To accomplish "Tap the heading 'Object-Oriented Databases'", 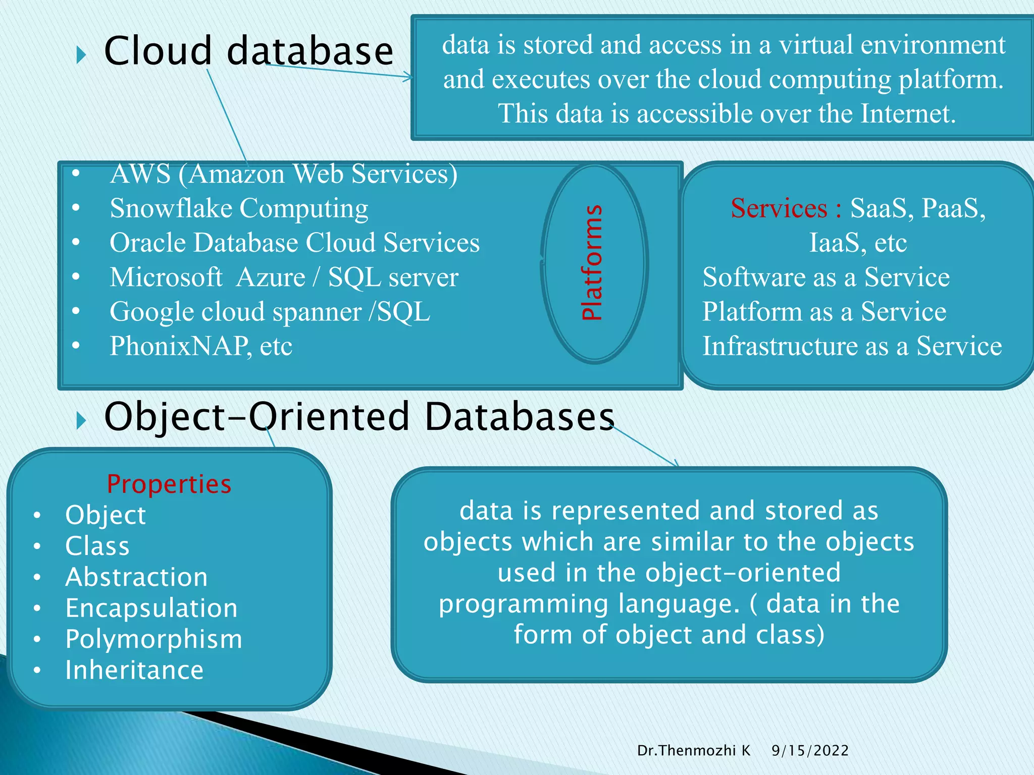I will point(359,417).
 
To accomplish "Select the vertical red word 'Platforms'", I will point(592,262).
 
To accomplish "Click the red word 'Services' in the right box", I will point(779,208).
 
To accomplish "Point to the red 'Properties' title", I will point(169,484).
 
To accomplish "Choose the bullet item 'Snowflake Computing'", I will point(239,208).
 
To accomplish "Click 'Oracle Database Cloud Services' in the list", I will point(294,243).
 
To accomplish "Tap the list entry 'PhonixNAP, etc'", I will point(201,346).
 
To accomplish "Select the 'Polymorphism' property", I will point(153,639).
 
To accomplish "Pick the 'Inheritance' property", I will point(134,671).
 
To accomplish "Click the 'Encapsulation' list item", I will point(151,608).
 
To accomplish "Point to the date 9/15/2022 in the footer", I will point(810,751).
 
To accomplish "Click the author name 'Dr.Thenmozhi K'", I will point(694,751).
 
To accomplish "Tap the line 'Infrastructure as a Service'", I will point(852,346).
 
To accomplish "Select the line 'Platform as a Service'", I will point(824,312).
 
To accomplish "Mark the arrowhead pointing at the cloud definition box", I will point(408,78).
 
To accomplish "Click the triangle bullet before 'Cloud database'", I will point(81,55).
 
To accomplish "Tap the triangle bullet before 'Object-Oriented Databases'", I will point(81,420).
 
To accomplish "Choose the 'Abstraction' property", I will point(136,577).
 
